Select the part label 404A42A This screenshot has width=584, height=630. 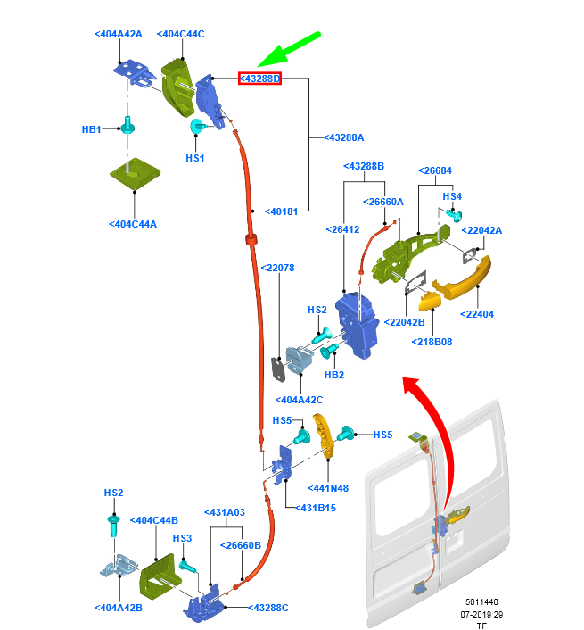click(x=118, y=34)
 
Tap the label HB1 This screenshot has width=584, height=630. click(x=92, y=129)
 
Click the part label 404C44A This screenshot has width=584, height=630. click(x=133, y=224)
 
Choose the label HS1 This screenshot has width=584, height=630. click(x=195, y=158)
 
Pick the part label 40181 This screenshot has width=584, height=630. click(x=282, y=211)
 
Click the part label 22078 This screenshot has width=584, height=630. click(x=278, y=267)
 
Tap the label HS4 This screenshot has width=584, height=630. click(x=453, y=196)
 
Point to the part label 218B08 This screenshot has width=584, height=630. click(x=433, y=341)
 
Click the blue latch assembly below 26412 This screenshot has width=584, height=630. click(x=362, y=325)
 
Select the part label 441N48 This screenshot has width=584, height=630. click(x=328, y=488)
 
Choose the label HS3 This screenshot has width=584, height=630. click(x=182, y=538)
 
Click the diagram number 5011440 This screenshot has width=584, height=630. click(x=482, y=603)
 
